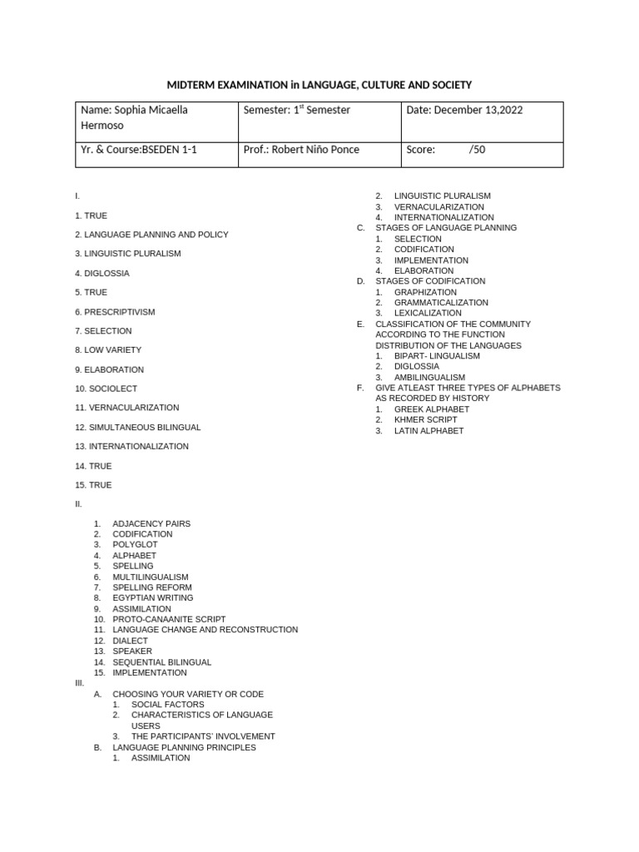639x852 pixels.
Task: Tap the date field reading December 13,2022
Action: pyautogui.click(x=464, y=110)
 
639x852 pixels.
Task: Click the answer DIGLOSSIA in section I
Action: pyautogui.click(x=106, y=273)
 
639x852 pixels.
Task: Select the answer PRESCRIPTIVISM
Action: pyautogui.click(x=119, y=312)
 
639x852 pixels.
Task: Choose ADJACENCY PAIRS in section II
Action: pyautogui.click(x=151, y=523)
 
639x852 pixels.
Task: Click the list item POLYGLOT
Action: pyautogui.click(x=136, y=545)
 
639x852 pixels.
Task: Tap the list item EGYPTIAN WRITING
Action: pyautogui.click(x=152, y=597)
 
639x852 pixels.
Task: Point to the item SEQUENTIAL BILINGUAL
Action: pyautogui.click(x=161, y=662)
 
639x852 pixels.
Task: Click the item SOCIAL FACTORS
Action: pyautogui.click(x=167, y=705)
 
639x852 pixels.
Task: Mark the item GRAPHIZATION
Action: pyautogui.click(x=425, y=292)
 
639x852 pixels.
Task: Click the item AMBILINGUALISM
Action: pyautogui.click(x=429, y=377)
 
